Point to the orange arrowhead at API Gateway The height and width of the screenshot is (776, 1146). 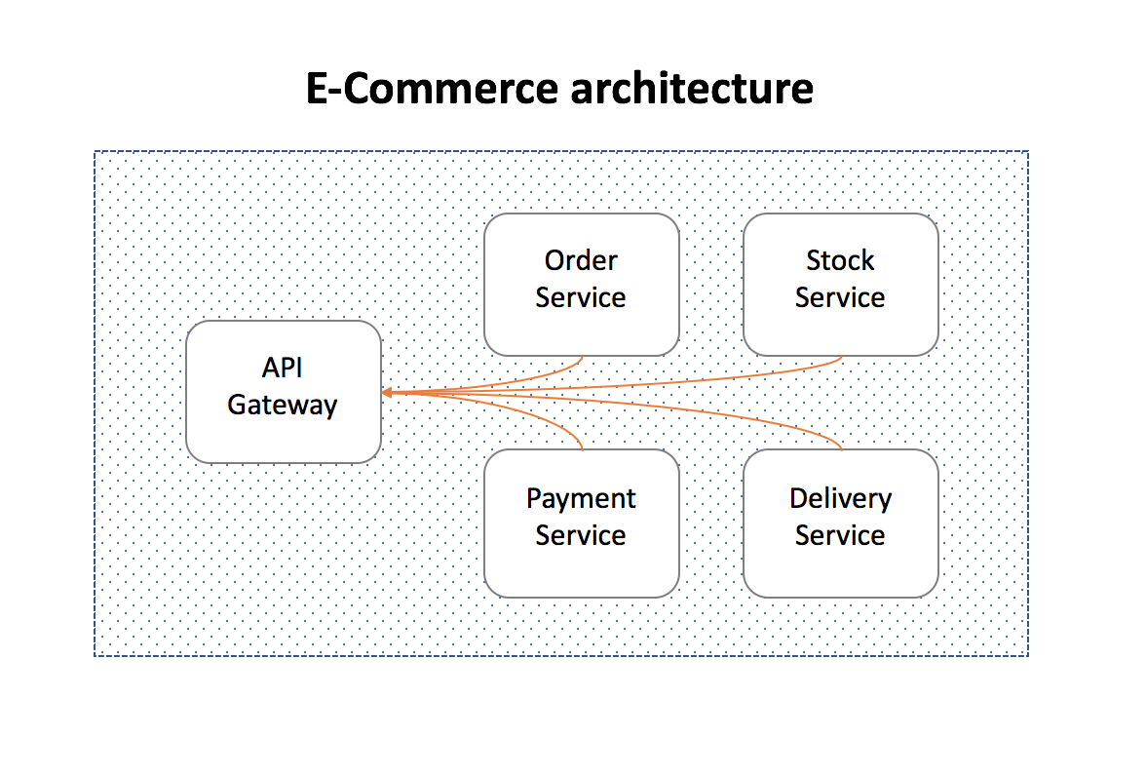pos(387,392)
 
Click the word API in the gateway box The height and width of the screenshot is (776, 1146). pos(283,368)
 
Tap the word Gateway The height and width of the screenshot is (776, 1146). pos(283,405)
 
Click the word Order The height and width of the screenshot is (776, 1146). pos(581,260)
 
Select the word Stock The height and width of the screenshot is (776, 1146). pos(840,260)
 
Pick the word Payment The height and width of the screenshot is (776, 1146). pos(581,498)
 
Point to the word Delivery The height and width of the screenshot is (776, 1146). pos(840,498)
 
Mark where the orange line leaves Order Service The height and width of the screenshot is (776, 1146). pos(582,357)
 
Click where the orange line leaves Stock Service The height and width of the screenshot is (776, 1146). pos(841,357)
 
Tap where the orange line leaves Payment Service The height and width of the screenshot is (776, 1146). pos(582,448)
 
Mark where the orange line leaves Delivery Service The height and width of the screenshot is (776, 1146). pos(841,448)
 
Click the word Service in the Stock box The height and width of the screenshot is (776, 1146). pos(840,297)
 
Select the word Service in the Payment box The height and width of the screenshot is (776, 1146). pos(581,535)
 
